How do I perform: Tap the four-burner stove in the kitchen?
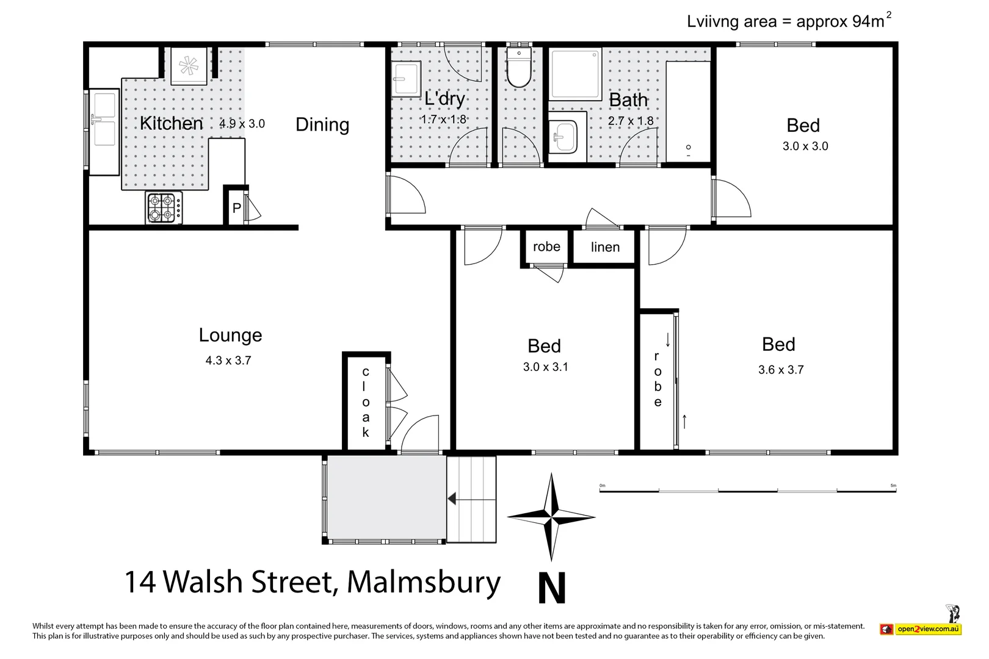[164, 207]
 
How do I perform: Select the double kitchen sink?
[104, 131]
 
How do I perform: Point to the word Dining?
[322, 124]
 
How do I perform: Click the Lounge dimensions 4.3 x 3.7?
[228, 361]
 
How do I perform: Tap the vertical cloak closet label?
[366, 402]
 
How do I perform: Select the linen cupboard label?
[605, 247]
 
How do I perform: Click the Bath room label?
[628, 99]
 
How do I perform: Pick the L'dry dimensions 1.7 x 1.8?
[444, 120]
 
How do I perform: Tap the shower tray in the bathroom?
[576, 74]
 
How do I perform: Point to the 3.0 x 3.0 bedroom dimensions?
[805, 146]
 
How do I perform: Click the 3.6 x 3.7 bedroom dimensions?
[781, 370]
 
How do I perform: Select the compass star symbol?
[551, 517]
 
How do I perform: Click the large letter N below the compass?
[552, 588]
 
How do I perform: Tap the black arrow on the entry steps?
[452, 499]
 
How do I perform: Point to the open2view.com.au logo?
[927, 629]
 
